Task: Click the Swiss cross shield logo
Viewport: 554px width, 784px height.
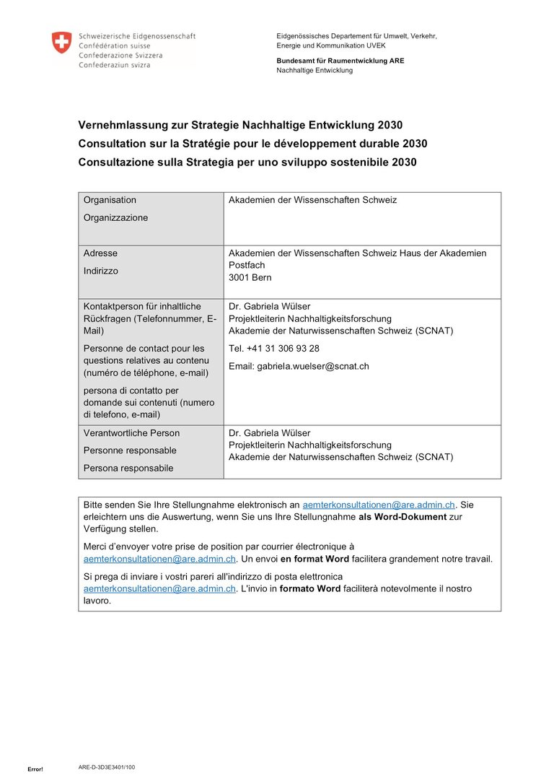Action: (62, 42)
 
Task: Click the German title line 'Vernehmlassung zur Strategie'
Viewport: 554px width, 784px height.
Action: (240, 124)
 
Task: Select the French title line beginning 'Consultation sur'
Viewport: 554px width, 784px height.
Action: (252, 143)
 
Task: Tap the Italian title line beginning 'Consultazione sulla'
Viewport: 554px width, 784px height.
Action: (247, 162)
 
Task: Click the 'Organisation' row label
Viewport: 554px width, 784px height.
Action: (110, 200)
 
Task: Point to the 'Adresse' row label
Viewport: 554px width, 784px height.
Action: (100, 253)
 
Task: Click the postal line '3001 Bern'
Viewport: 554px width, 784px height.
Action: (250, 277)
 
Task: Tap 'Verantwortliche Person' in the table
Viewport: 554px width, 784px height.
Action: (131, 433)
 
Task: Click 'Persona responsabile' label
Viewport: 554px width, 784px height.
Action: (128, 468)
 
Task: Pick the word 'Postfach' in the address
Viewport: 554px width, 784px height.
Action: (247, 266)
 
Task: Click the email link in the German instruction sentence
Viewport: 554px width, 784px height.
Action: (379, 505)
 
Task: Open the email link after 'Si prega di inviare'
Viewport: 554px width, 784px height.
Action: (159, 588)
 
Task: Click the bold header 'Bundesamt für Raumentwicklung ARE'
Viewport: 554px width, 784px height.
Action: (340, 61)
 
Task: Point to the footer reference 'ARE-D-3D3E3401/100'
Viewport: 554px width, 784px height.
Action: (106, 767)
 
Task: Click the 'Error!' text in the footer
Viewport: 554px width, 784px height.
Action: (35, 769)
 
